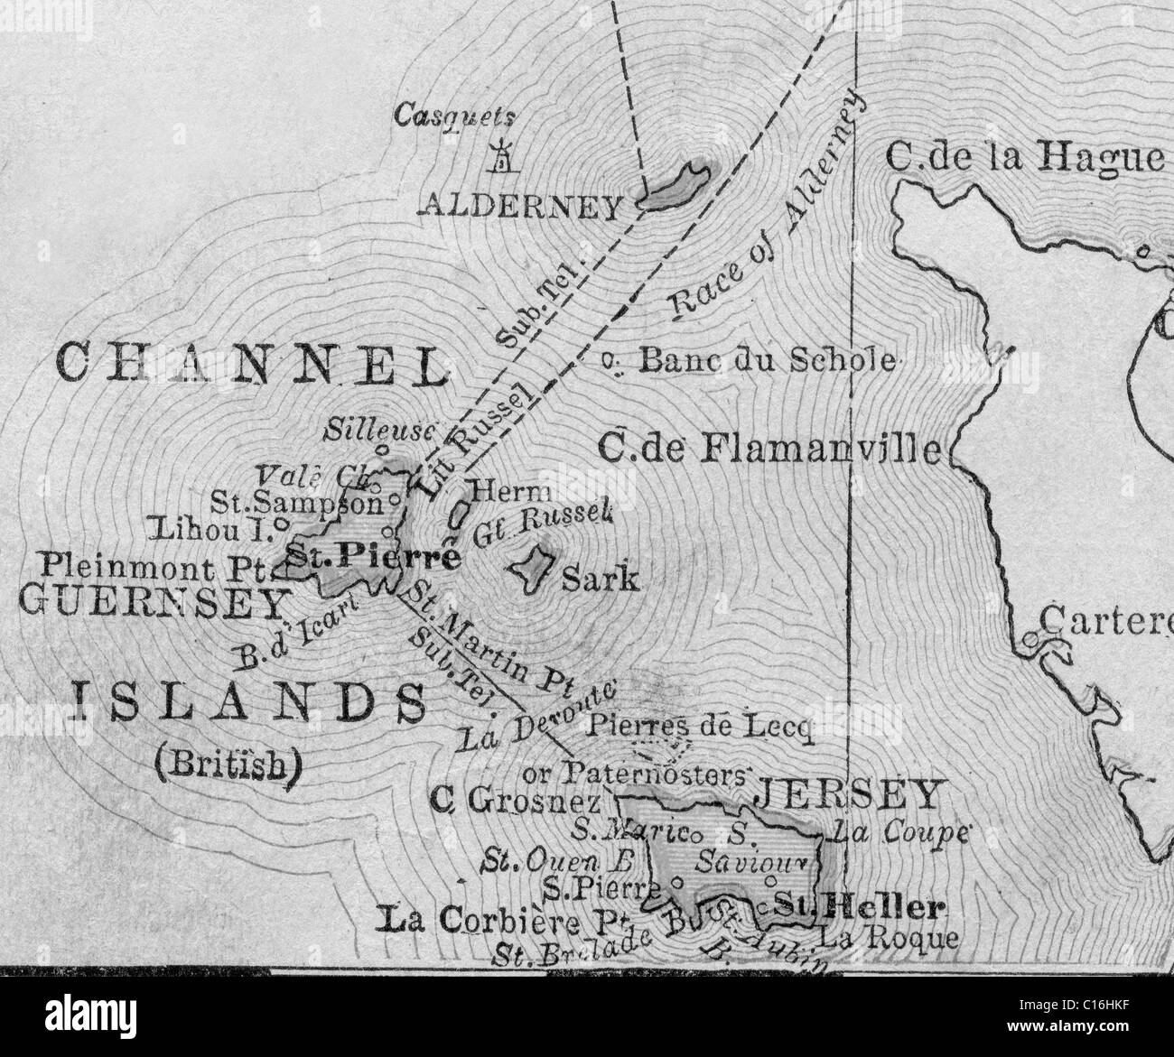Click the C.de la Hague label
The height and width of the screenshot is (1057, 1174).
1024,157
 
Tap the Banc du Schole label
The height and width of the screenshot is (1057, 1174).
768,361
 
